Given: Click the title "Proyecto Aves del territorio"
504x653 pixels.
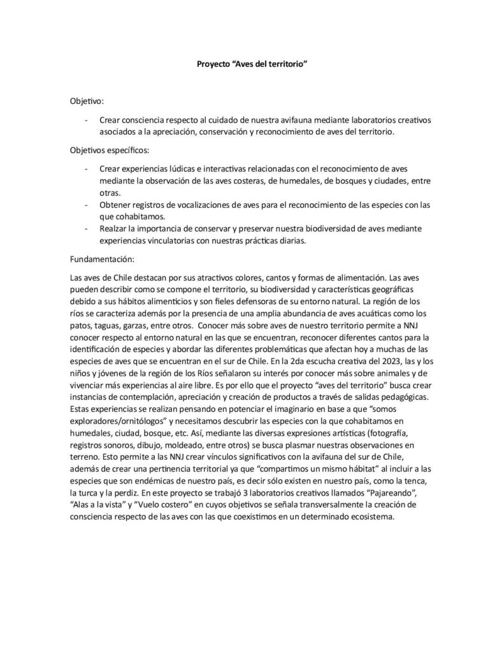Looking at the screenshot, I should pos(252,64).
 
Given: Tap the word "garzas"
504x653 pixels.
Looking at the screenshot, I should pos(135,325).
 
